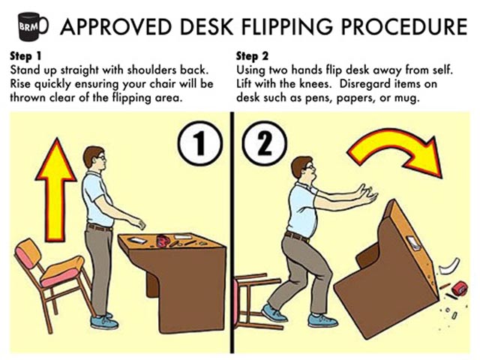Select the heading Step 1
tap(25, 56)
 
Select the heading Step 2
tap(252, 56)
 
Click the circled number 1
tap(200, 143)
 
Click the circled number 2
tap(265, 143)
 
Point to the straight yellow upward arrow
tap(55, 189)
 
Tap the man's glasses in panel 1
tap(101, 158)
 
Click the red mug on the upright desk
tap(163, 240)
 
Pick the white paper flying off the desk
tap(449, 266)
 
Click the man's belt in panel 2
tap(297, 236)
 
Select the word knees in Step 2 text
tap(315, 84)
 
